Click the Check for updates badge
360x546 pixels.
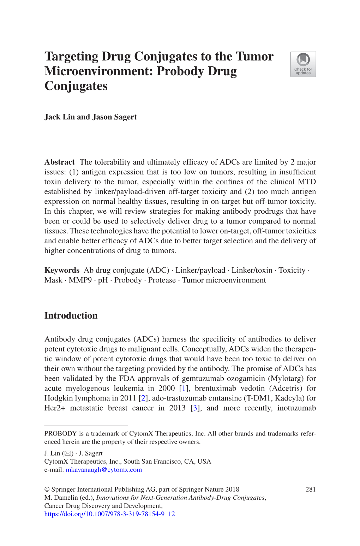coord(303,64)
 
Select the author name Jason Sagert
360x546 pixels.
coord(114,117)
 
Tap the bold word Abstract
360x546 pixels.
coord(59,162)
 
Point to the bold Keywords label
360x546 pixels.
coord(62,270)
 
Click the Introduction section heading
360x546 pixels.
coord(71,316)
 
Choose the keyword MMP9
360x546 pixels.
coord(80,280)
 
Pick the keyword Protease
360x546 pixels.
coord(162,280)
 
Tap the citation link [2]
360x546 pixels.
coord(143,398)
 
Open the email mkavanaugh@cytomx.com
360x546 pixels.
coord(104,470)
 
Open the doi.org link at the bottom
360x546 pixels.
coord(109,514)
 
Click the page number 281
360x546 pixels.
coord(311,489)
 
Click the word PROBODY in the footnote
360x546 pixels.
coord(60,434)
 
